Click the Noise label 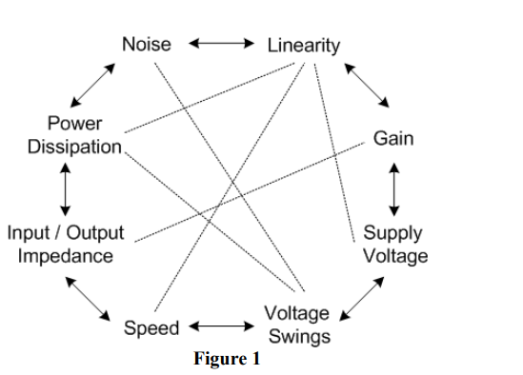pos(146,44)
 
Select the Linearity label pos(303,45)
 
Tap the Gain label pos(392,139)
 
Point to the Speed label pos(151,328)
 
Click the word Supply pos(392,233)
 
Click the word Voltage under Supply pos(395,255)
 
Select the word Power pos(75,125)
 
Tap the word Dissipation pos(75,148)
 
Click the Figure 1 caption pos(227,360)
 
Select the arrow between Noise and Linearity pos(221,44)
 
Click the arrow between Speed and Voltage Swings pos(221,327)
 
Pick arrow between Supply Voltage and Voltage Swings pos(364,295)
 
